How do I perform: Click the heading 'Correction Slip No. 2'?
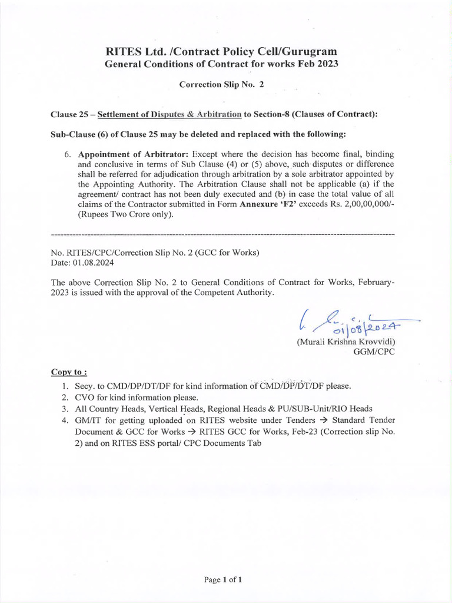click(221, 84)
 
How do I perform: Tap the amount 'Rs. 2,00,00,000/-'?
click(362, 204)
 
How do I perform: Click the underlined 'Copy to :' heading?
click(69, 373)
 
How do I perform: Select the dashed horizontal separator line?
click(223, 235)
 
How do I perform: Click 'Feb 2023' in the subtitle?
click(317, 64)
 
